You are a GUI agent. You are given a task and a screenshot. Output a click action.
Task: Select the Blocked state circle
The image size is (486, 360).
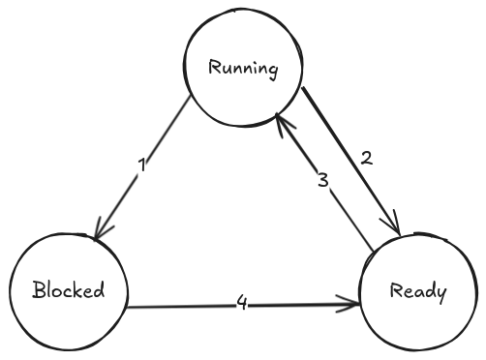coord(68,290)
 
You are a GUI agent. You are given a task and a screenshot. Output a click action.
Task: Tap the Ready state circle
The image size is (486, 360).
coord(418,290)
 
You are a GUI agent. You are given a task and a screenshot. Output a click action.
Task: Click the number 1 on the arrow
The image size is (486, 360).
coord(141,165)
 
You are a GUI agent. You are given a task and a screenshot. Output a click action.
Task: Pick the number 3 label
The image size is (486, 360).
coord(324,181)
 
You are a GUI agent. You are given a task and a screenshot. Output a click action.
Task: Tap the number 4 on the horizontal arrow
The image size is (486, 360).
coord(242,305)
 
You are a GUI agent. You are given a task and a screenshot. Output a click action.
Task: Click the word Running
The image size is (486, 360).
coord(244,70)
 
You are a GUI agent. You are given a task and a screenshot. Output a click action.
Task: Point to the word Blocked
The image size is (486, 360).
coord(67,290)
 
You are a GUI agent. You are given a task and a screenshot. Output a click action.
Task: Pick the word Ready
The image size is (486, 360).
coord(418,290)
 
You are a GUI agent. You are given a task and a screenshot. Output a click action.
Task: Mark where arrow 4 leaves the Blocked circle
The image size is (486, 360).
coord(128,309)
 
